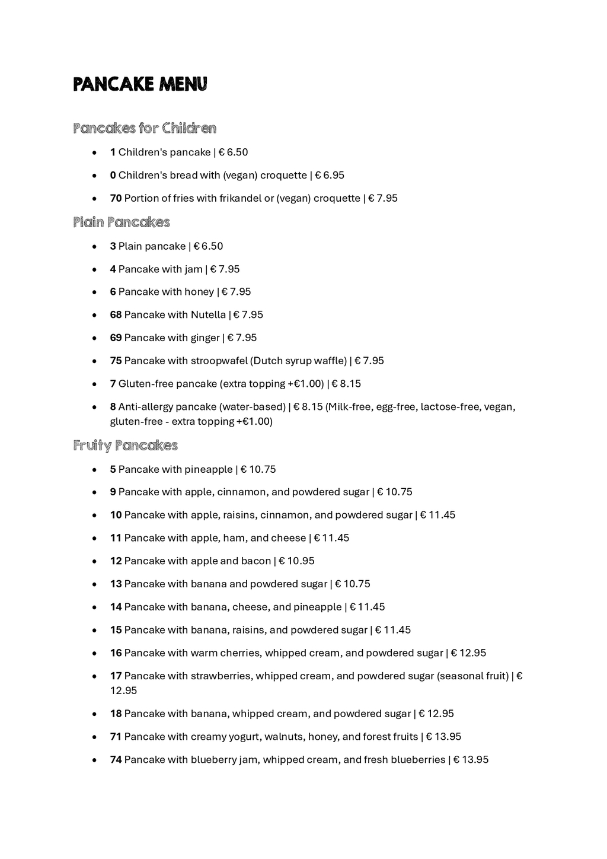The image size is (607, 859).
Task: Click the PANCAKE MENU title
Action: click(x=140, y=84)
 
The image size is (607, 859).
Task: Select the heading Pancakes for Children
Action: click(x=145, y=128)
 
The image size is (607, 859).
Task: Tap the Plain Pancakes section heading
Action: click(x=122, y=222)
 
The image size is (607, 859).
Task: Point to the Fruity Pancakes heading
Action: click(x=126, y=446)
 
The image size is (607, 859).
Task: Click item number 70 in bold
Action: click(x=116, y=198)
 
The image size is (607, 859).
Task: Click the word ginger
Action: click(x=205, y=338)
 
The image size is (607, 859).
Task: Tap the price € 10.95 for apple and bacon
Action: click(x=296, y=561)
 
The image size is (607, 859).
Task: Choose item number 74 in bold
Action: click(x=116, y=760)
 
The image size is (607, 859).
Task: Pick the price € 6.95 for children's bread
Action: click(x=329, y=176)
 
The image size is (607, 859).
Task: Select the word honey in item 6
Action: click(x=199, y=292)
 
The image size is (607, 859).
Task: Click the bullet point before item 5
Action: click(x=95, y=470)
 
